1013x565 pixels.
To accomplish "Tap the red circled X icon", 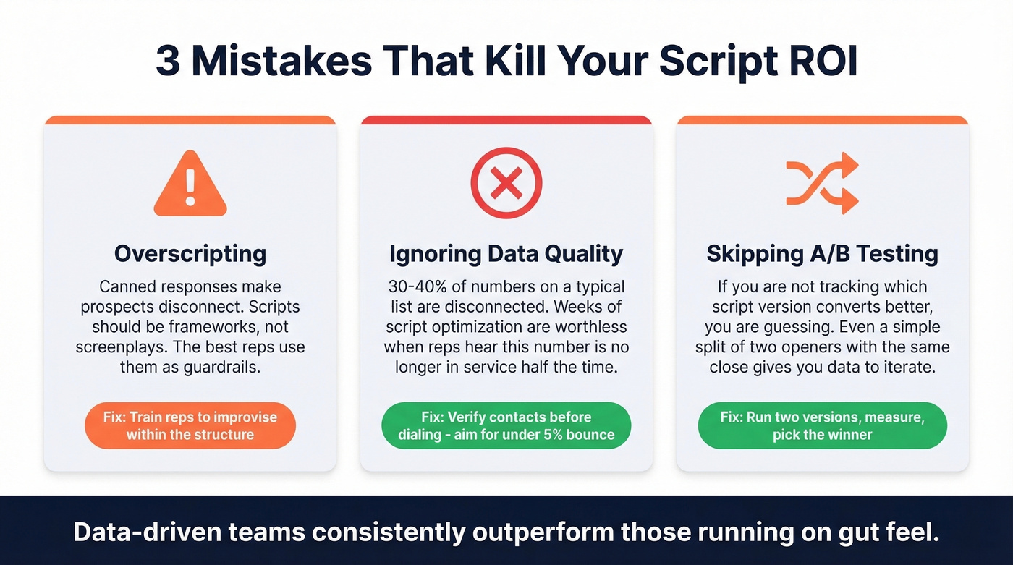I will (x=506, y=184).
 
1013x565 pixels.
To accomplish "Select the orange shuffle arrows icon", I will (x=822, y=183).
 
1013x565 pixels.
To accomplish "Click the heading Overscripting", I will (x=190, y=254).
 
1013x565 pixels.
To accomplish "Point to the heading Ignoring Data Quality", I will (x=506, y=254).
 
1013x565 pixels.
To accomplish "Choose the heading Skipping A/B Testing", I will (x=822, y=254).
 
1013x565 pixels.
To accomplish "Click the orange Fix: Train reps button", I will (x=190, y=426).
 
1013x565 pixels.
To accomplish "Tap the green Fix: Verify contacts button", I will (x=506, y=426).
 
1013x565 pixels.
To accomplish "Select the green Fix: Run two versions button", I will (x=822, y=426).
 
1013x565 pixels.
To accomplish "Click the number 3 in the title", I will (x=168, y=61).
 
